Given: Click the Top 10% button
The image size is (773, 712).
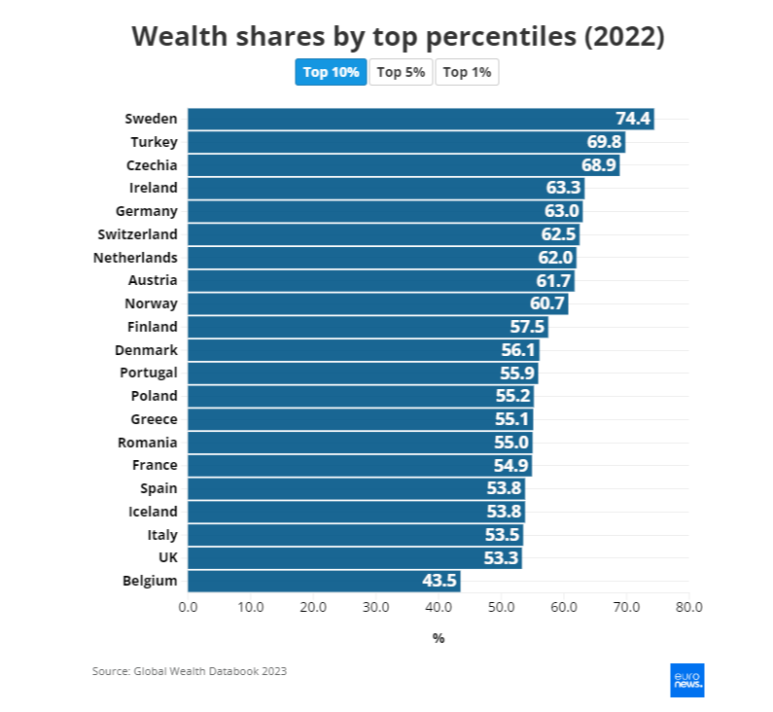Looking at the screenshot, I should (x=331, y=72).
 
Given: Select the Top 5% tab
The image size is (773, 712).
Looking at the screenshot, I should (x=401, y=72).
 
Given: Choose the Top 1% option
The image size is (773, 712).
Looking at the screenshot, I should (x=467, y=72).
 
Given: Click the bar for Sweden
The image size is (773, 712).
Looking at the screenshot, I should (x=418, y=119).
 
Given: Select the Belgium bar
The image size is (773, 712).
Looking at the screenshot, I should (x=321, y=582).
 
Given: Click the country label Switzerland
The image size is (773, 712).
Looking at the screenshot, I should (x=137, y=234).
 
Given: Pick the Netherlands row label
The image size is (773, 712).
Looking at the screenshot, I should (x=135, y=258).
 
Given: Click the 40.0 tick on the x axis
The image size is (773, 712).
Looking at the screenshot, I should (x=439, y=608).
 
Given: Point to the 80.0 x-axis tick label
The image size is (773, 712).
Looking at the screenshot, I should (x=688, y=608).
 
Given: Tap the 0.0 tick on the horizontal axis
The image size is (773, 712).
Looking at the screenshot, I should (x=188, y=608).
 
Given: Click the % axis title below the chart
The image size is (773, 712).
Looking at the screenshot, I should (x=438, y=638).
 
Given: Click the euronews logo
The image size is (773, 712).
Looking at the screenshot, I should (x=687, y=680).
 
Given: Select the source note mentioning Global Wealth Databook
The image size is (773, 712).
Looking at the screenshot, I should (x=190, y=671).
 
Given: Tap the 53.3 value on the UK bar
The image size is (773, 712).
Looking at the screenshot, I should (x=501, y=558).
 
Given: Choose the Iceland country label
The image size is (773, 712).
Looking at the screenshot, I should (x=153, y=512).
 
